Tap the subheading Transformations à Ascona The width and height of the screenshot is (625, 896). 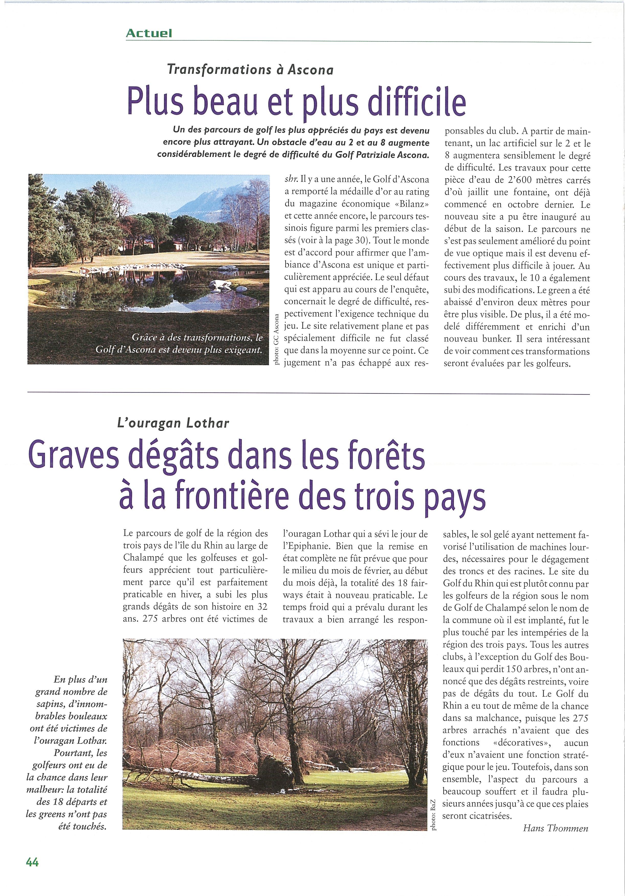click(250, 70)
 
